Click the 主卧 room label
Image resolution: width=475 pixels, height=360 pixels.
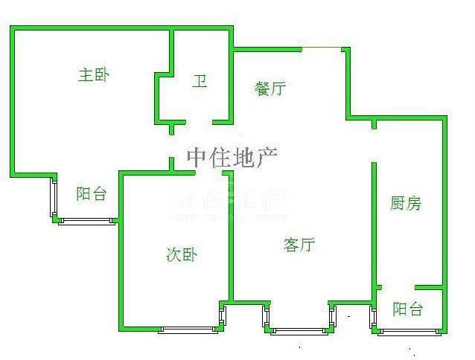coord(95,74)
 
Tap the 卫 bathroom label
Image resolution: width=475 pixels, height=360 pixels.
coord(200,81)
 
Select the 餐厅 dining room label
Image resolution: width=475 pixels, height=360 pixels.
coord(270,89)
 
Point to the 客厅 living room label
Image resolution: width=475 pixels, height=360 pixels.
coord(299,245)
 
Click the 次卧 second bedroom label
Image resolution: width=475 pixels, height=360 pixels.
coord(181,254)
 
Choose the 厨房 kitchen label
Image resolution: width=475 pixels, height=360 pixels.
coord(406,203)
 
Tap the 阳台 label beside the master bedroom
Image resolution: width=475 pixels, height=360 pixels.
coord(92,194)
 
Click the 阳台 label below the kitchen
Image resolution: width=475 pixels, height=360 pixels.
coord(408,309)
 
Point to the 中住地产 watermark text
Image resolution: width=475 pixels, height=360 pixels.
coord(232,158)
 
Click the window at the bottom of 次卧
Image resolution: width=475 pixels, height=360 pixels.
coord(188,330)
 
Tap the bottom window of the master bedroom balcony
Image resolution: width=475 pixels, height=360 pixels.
coord(86,220)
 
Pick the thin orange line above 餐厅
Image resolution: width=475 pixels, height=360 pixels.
coord(322,49)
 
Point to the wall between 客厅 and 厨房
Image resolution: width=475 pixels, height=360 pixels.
coord(373,223)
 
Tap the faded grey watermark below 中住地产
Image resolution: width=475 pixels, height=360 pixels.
coord(229,202)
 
